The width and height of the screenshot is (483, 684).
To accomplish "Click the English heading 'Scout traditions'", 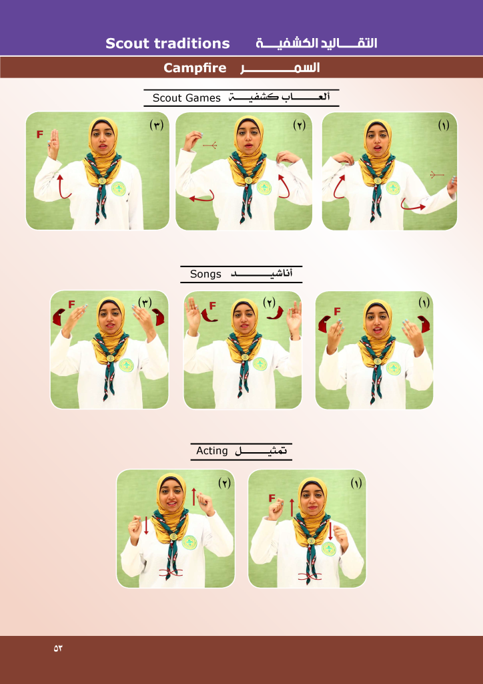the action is [x=167, y=43].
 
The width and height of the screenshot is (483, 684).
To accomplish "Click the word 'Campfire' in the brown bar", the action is [x=195, y=68].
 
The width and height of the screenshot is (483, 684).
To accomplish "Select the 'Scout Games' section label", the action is [x=186, y=98].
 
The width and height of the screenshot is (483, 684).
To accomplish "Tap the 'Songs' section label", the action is [x=205, y=275].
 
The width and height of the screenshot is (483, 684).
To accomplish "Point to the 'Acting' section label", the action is [x=211, y=451].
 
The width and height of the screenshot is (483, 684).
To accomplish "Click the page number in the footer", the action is [x=58, y=648].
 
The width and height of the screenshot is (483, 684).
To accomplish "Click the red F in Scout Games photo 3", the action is [x=39, y=134].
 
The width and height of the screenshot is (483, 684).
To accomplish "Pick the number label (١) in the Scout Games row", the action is [x=444, y=126].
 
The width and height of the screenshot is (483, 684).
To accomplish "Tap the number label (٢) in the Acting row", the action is [x=224, y=484].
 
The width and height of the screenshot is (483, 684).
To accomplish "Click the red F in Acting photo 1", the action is [x=272, y=498].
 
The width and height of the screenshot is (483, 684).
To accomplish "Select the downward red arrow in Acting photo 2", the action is [x=146, y=526].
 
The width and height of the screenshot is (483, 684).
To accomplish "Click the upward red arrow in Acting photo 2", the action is [x=194, y=497].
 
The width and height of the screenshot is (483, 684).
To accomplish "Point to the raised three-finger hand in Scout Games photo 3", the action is [x=53, y=144].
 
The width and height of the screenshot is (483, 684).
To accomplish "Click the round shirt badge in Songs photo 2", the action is [x=260, y=364].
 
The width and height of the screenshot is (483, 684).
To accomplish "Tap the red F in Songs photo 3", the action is [x=71, y=305].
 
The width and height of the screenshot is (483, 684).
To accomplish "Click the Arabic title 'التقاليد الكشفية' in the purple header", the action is [x=316, y=43].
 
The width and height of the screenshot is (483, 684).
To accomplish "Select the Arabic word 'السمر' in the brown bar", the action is [x=280, y=68].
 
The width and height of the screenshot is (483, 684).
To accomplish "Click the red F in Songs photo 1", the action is [x=337, y=311].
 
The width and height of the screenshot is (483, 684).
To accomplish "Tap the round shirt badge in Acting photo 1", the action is [x=329, y=548].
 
